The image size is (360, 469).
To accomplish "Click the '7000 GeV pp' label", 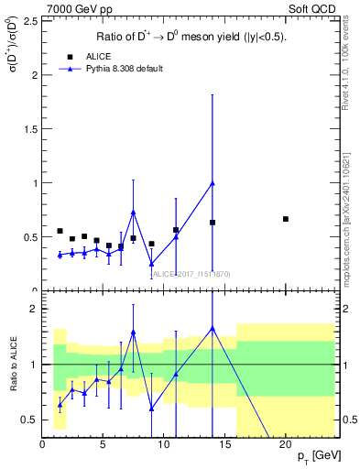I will (73, 8).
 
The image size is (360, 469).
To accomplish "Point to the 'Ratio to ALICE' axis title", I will (14, 365).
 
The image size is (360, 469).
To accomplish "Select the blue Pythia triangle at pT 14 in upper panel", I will (213, 183).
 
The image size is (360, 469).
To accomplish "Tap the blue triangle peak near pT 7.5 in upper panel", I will (134, 212).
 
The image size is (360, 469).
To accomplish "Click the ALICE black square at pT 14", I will (213, 223).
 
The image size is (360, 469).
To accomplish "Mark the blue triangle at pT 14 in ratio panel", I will (213, 328).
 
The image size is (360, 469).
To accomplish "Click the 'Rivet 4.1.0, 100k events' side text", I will (351, 64).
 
